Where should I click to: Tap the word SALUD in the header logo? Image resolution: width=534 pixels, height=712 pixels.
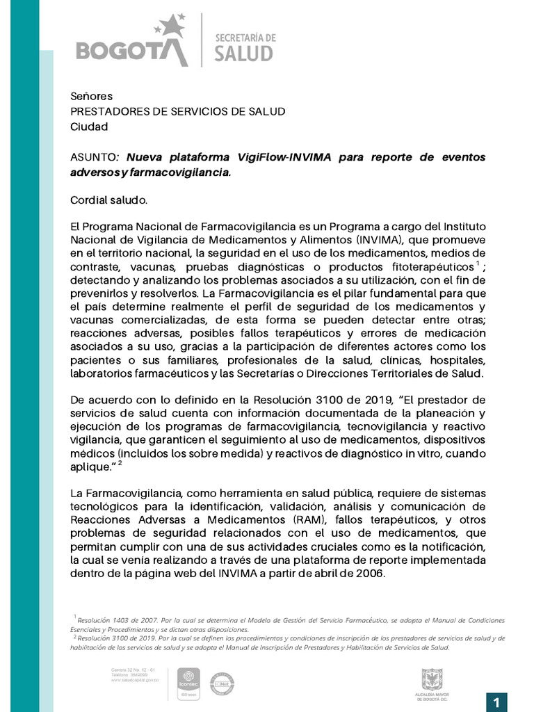pyautogui.click(x=244, y=54)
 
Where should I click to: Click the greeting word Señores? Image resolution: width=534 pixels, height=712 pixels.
pyautogui.click(x=91, y=97)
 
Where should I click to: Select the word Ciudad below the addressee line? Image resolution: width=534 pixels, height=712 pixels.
pyautogui.click(x=90, y=127)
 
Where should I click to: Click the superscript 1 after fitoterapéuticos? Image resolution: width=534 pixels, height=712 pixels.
pyautogui.click(x=478, y=264)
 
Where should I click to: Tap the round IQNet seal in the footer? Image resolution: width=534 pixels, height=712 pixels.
pyautogui.click(x=222, y=683)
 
